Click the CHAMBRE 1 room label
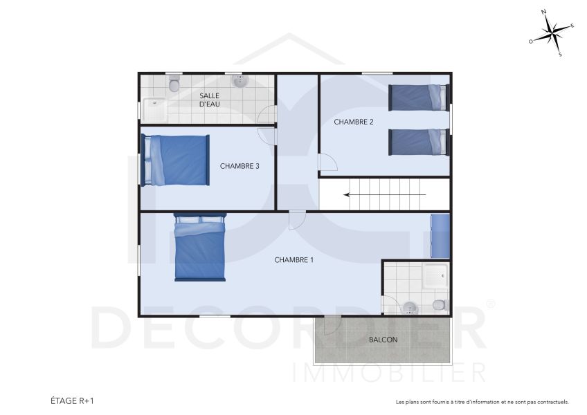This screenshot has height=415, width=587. [x=294, y=260]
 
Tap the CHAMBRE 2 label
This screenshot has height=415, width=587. [x=354, y=122]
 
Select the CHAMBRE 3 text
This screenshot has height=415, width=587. [x=240, y=165]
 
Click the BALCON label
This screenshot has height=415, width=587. [x=383, y=340]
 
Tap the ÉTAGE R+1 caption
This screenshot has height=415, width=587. [x=71, y=400]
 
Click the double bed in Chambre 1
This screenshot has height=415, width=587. [x=200, y=248]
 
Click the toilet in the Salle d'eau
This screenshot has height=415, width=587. [x=174, y=84]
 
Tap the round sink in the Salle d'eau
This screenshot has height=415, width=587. [x=240, y=81]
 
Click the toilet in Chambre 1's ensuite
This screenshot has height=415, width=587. [x=439, y=304]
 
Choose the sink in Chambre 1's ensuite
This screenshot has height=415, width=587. [x=410, y=306]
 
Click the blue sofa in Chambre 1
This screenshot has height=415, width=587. [x=440, y=233]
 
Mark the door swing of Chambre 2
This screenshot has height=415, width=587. [x=327, y=163]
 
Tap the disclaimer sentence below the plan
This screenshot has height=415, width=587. [x=482, y=401]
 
